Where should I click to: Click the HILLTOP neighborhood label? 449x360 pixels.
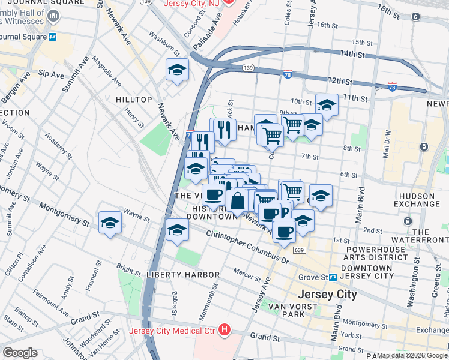[133, 99]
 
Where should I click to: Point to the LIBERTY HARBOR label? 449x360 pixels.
[183, 275]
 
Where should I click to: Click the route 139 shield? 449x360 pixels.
[247, 68]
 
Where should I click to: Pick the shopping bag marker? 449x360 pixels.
[238, 201]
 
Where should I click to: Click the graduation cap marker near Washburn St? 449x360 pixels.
[177, 70]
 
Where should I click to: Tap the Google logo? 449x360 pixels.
[20, 353]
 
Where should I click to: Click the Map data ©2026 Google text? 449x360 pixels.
[412, 355]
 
